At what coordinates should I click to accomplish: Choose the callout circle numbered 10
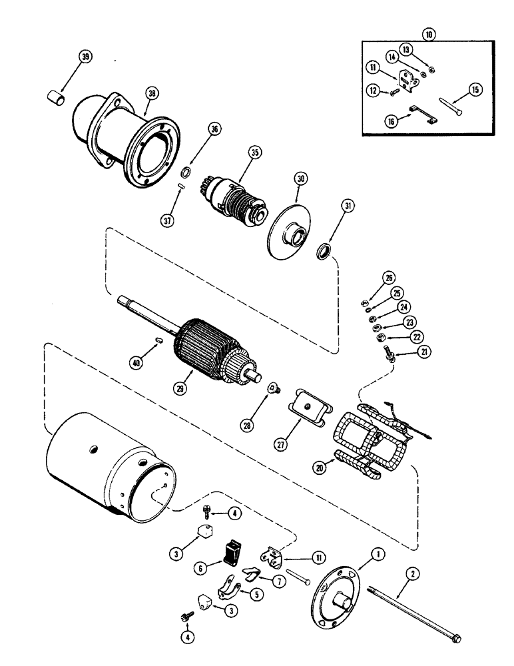pyautogui.click(x=429, y=33)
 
